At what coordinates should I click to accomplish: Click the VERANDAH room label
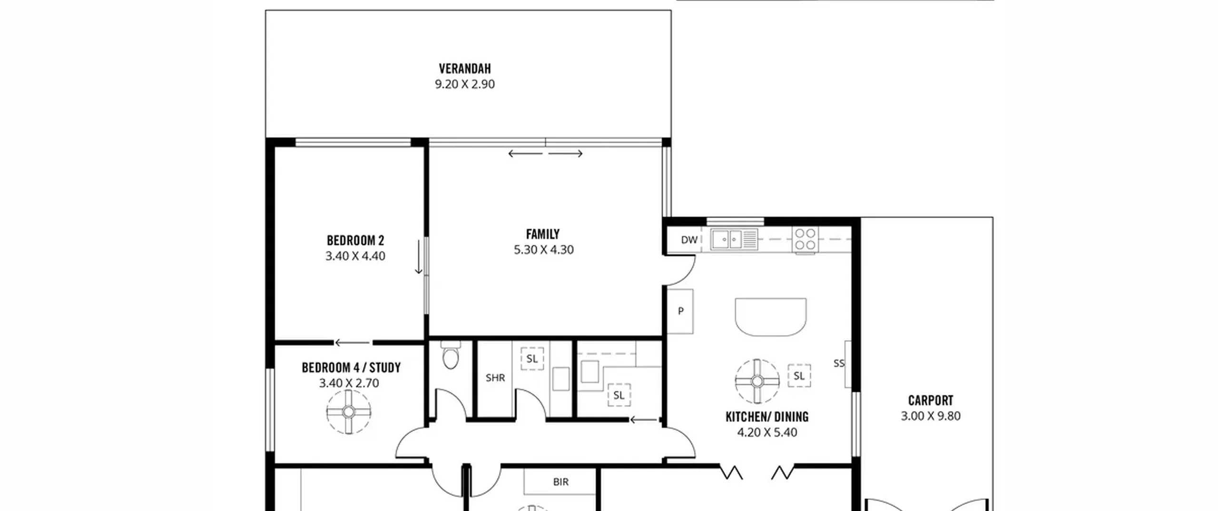pos(465,69)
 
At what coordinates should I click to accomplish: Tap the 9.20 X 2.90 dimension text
pos(465,84)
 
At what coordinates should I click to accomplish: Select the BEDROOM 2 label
pos(355,241)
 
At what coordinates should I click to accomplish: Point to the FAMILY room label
pos(543,234)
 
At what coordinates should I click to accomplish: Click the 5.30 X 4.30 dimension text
pos(544,250)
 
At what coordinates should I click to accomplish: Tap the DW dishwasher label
pos(689,240)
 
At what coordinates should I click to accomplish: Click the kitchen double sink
pos(734,240)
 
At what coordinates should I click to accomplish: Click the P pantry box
pos(680,311)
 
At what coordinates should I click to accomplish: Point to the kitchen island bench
pos(771,317)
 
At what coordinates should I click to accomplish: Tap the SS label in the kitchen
pos(839,364)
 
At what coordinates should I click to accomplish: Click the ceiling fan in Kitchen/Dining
pos(757,381)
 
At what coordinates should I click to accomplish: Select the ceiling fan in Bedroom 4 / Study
pos(349,412)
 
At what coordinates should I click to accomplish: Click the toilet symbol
pos(450,355)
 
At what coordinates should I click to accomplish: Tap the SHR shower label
pos(495,378)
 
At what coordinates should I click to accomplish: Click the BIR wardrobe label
pos(561,482)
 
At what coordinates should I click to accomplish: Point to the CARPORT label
pos(931,401)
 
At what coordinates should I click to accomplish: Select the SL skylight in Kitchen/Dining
pos(799,376)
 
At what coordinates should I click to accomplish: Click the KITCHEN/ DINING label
pos(767,417)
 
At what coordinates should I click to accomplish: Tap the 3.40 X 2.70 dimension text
pos(349,383)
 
